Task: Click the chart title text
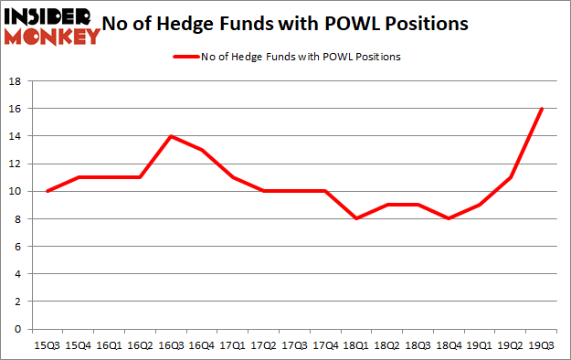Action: point(290,24)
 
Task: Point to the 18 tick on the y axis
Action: point(16,81)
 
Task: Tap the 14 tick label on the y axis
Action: point(16,136)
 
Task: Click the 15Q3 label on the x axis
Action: point(48,346)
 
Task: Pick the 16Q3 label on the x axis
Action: point(170,346)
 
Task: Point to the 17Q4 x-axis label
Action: point(324,346)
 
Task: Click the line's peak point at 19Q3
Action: point(542,109)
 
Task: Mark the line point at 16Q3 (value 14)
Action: point(171,136)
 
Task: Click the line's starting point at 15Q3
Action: point(48,191)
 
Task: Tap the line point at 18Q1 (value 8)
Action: point(356,219)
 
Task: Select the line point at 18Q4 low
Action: point(449,219)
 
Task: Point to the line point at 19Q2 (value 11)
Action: point(511,177)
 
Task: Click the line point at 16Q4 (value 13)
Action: point(202,150)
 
